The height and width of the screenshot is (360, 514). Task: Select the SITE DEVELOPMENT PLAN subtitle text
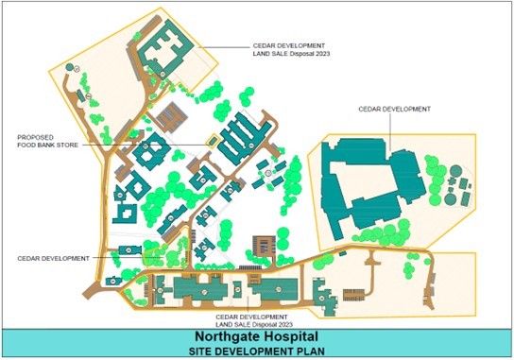pos(257,351)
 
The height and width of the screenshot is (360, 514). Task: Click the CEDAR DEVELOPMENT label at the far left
pos(52,257)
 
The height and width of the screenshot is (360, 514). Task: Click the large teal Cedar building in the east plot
pos(368,189)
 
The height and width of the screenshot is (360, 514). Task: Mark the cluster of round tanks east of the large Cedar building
pos(458,184)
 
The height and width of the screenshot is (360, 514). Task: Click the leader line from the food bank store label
pos(142,145)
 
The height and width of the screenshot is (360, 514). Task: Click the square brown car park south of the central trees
pos(264,245)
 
